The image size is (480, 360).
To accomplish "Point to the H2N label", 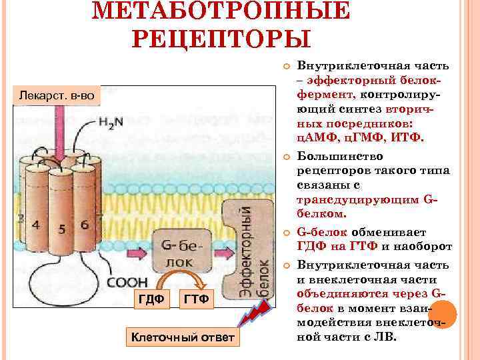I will (x=114, y=123).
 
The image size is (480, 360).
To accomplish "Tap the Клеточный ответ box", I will (x=182, y=337).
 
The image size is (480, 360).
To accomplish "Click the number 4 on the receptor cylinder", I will (x=36, y=225).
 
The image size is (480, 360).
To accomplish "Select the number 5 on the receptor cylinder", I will (x=61, y=230).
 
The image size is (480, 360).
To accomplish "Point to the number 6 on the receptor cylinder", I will (x=84, y=225).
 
